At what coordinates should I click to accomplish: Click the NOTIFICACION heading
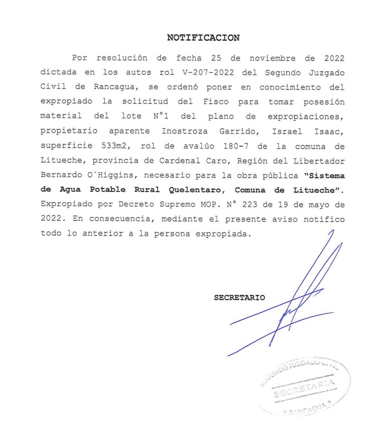coord(203,38)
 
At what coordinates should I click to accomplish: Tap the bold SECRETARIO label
coord(239,298)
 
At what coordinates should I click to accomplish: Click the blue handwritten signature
coord(296,308)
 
